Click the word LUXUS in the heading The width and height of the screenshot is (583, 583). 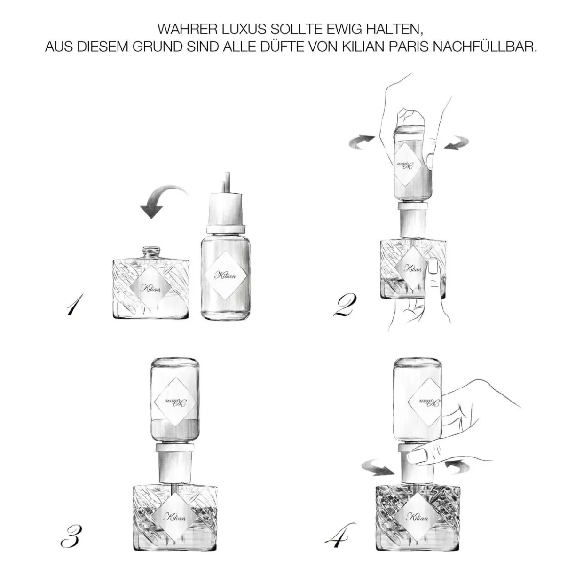pos(241,29)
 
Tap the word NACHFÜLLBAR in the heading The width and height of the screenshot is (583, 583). pos(486,47)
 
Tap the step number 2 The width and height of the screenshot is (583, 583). pos(345,306)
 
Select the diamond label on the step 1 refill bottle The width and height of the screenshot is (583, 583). pos(225,276)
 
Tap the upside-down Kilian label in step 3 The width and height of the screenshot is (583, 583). pos(176,402)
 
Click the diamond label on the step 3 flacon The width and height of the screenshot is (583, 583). pos(176,517)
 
